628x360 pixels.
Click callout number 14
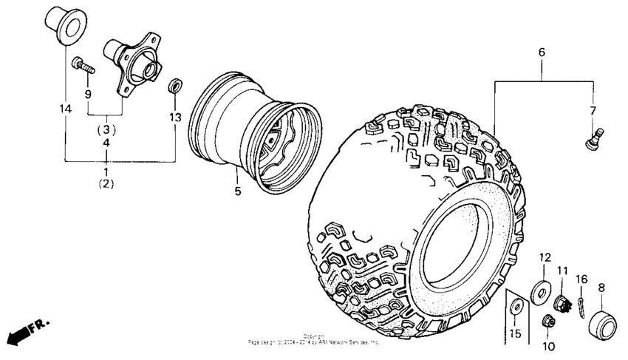tap(65, 109)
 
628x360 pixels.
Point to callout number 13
tap(175, 117)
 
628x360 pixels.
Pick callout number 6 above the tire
tap(542, 53)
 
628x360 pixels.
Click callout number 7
tap(592, 111)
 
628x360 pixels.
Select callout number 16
tap(581, 279)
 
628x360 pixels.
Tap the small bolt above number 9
tap(84, 69)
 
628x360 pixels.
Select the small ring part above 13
tap(176, 86)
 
